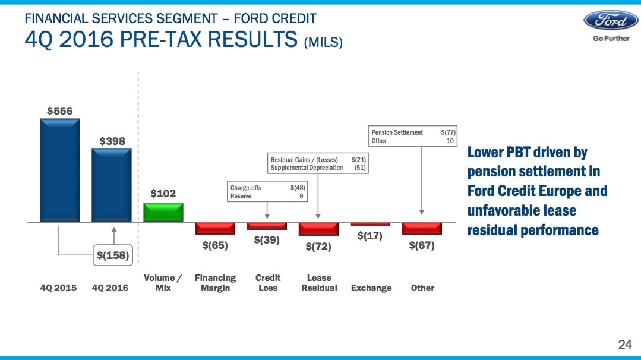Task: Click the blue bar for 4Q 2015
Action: pyautogui.click(x=59, y=170)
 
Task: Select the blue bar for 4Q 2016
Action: pyautogui.click(x=111, y=185)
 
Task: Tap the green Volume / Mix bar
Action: pyautogui.click(x=163, y=212)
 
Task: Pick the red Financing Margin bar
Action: pyautogui.click(x=215, y=228)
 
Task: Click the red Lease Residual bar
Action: pyautogui.click(x=318, y=229)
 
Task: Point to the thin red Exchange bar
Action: pyautogui.click(x=370, y=224)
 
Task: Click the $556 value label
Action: pyautogui.click(x=59, y=111)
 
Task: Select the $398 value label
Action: pyautogui.click(x=112, y=141)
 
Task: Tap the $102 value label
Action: pyautogui.click(x=163, y=194)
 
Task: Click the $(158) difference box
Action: pyautogui.click(x=113, y=255)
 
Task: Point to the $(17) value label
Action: pyautogui.click(x=370, y=236)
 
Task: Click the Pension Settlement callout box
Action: pyautogui.click(x=412, y=137)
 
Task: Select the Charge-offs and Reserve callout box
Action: pyautogui.click(x=267, y=192)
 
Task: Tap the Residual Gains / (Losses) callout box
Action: pyautogui.click(x=318, y=163)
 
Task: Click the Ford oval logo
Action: pyautogui.click(x=611, y=20)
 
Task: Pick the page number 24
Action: pyautogui.click(x=625, y=345)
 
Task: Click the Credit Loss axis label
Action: pyautogui.click(x=267, y=283)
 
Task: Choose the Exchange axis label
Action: pyautogui.click(x=371, y=288)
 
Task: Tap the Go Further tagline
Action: pyautogui.click(x=611, y=39)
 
